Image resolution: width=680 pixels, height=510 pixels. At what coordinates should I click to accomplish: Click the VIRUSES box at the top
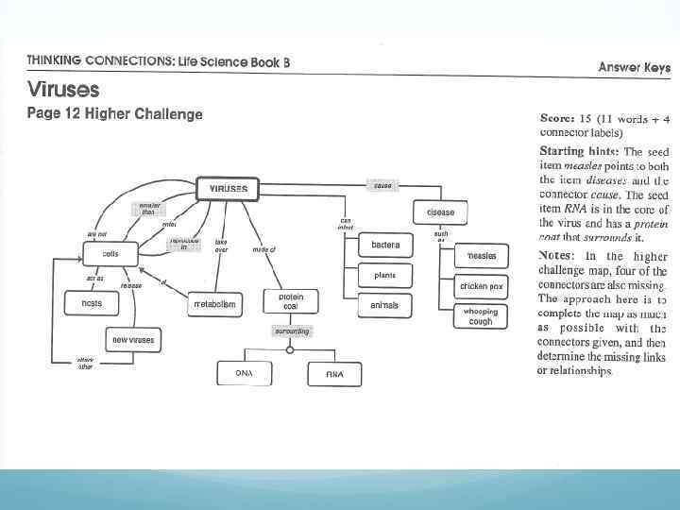pos(229,188)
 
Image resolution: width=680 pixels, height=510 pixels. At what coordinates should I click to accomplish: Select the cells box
pos(111,254)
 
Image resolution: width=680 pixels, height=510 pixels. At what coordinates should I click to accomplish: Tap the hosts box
pos(91,303)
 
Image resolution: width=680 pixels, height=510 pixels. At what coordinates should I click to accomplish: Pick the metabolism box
pos(216,304)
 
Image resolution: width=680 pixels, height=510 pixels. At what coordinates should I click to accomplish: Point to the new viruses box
pos(132,339)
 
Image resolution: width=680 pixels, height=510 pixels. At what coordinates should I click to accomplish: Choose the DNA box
pos(244,374)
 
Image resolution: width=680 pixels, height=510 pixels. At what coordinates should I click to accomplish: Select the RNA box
pos(334,374)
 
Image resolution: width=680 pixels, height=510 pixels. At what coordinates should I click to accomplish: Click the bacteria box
pos(384,246)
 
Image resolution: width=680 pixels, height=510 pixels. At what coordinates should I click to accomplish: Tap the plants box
pos(384,275)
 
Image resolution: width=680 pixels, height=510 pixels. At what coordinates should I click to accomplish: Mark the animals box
pos(384,305)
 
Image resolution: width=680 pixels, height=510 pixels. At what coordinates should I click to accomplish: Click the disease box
pos(440,212)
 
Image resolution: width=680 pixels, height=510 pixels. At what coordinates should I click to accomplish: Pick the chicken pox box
pos(482,285)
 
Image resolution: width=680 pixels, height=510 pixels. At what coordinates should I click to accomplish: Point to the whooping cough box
pos(482,316)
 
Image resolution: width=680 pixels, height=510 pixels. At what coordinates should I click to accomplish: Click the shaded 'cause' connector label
pos(382,186)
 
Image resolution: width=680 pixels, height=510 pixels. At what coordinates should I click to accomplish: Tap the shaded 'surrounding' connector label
pos(291,331)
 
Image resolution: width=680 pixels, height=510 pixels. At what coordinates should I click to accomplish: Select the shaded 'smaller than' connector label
pos(149,209)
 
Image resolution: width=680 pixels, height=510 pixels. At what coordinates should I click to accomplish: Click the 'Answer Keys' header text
pos(634,67)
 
